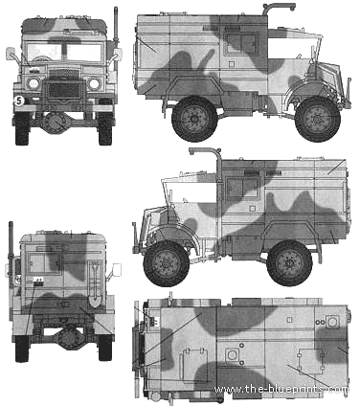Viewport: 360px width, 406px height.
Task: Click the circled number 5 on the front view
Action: (19, 101)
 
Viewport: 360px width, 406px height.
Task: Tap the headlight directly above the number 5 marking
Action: (34, 83)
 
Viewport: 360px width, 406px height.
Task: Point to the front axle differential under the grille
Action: (56, 123)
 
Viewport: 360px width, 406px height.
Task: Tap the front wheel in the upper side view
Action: (318, 119)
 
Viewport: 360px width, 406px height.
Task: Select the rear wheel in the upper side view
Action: (194, 119)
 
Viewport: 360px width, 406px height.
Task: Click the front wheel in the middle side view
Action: (167, 263)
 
